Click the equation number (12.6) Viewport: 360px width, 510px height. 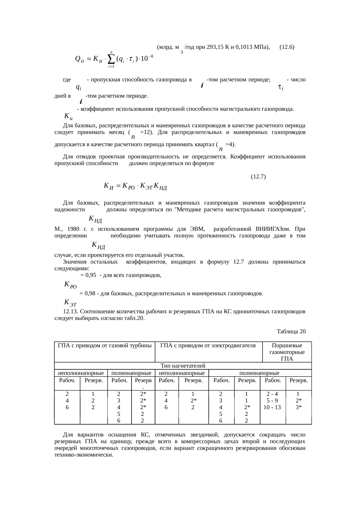click(x=287, y=47)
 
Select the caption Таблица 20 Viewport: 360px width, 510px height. click(x=291, y=331)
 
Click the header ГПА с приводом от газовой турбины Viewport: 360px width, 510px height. click(x=105, y=346)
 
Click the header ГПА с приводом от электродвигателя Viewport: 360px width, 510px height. click(x=208, y=346)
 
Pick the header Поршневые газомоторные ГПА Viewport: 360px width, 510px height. click(x=287, y=352)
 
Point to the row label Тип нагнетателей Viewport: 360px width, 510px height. click(x=183, y=366)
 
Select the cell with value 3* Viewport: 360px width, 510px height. click(x=299, y=407)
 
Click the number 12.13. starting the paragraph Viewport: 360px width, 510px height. click(x=71, y=312)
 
